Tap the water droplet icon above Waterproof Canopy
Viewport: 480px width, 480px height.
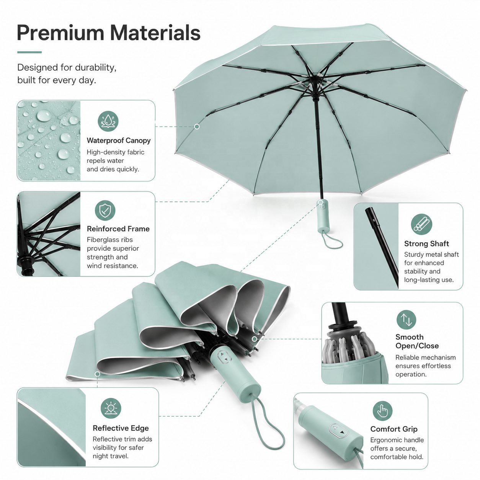point(108,121)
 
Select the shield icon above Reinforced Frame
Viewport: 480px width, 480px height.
point(105,210)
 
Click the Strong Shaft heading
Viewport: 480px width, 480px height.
point(426,243)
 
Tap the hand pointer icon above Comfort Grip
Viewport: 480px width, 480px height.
point(382,411)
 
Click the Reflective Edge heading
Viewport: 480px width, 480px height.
point(121,428)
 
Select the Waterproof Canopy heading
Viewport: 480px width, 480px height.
point(119,140)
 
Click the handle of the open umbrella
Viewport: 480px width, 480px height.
point(323,216)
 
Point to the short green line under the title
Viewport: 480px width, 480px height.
point(29,52)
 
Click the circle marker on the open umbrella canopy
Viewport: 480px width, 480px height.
point(197,127)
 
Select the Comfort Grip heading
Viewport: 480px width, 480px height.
point(393,429)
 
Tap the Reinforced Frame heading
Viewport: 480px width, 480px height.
point(118,229)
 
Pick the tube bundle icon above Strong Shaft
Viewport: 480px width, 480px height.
point(421,224)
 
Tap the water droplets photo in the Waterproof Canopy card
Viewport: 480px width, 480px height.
point(49,140)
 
